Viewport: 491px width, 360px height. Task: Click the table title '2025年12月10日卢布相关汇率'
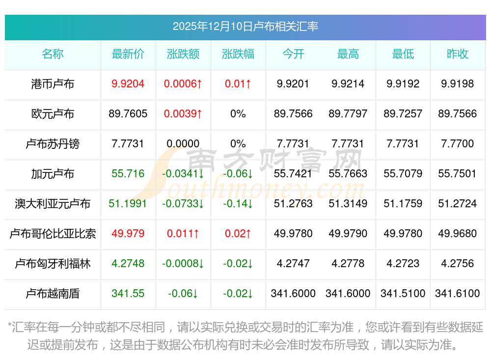coord(245,26)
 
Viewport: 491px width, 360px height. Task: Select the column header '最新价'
coord(128,54)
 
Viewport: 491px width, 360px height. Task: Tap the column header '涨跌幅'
coord(238,54)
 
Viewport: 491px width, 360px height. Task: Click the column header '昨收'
coord(457,54)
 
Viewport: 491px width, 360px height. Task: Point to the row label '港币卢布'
coord(53,84)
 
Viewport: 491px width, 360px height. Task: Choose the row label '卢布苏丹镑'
coord(53,144)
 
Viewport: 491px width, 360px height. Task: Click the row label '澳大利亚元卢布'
coord(53,204)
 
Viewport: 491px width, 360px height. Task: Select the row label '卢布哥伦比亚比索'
coord(53,234)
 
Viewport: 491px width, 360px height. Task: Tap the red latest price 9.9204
coord(128,84)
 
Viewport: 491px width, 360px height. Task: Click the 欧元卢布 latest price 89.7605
coord(128,114)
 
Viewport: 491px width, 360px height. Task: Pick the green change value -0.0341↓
coord(183,174)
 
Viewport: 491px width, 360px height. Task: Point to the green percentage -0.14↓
coord(238,204)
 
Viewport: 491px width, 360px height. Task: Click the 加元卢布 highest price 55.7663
coord(348,174)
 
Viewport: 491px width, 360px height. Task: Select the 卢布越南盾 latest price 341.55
coord(128,294)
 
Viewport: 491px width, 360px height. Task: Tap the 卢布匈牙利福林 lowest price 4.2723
coord(403,264)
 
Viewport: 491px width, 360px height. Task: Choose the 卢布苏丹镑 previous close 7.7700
coord(457,144)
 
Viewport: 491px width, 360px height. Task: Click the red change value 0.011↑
coord(183,234)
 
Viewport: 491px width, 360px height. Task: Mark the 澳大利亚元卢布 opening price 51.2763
coord(293,204)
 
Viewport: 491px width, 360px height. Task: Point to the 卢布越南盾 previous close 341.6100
coord(457,294)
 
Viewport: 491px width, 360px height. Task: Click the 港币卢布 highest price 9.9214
coord(348,84)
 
